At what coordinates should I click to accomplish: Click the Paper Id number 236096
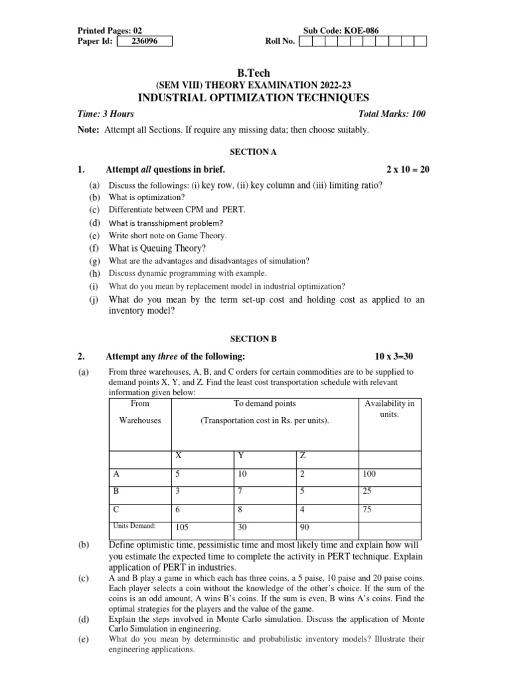coord(144,42)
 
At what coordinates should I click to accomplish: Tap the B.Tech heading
coord(253,73)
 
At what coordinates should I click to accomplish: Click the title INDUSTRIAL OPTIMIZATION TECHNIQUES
coord(253,97)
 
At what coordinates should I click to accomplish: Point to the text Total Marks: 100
coord(392,114)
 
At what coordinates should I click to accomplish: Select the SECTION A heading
coord(253,152)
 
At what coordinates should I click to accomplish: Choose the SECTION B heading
coord(253,338)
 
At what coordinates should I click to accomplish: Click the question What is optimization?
coord(147,197)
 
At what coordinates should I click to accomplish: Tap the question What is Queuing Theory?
coord(157,248)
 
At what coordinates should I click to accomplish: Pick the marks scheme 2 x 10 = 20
coord(407,170)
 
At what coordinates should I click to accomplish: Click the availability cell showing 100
coord(368,474)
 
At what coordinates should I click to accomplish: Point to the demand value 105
coord(182,528)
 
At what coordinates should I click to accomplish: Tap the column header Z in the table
coord(303,456)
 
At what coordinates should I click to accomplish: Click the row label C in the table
coord(117,509)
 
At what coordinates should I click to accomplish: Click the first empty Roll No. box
coord(306,42)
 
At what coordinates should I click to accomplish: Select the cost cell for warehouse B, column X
coord(177,491)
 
